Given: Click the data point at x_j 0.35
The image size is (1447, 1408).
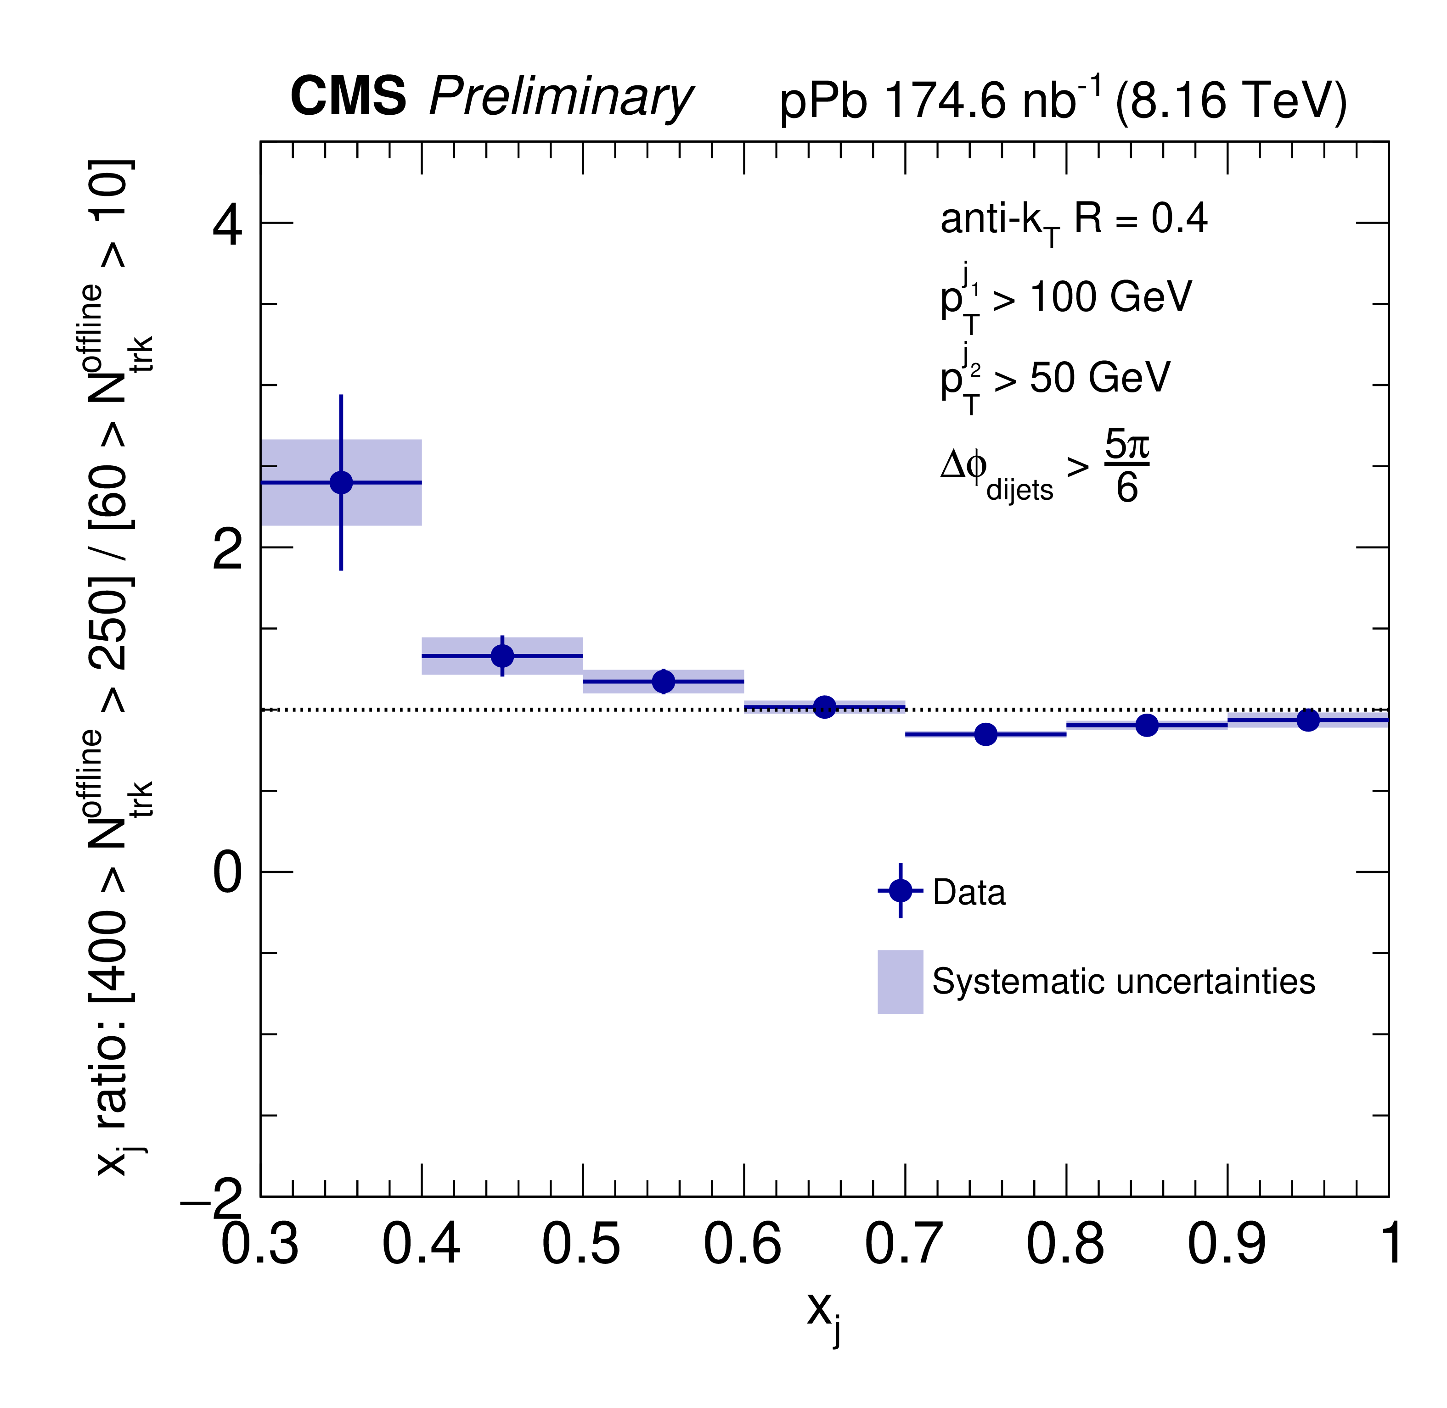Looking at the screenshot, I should coord(341,482).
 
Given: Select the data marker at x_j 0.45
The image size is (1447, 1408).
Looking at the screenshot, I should coord(502,655).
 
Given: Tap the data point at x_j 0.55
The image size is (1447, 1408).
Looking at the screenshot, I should coord(664,681).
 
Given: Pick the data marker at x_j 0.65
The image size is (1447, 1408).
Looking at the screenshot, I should coord(825,707).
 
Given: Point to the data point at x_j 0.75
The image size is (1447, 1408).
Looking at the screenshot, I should coord(985,734).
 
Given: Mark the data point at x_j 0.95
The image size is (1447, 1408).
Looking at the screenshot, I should coord(1308,720).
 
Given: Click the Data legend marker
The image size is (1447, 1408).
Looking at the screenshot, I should coord(901,890).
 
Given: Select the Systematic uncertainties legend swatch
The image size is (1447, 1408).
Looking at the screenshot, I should coord(901,981).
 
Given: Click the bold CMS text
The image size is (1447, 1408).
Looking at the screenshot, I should coord(348,96).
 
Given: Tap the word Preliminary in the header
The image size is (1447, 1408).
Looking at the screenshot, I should coord(561,98).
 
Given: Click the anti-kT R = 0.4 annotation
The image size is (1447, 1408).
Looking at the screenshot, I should coord(1073,220).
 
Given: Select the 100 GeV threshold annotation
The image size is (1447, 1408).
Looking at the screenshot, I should coord(1109,297).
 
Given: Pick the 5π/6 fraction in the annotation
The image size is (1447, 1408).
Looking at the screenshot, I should coord(1126,466).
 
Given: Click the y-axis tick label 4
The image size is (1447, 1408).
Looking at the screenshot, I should coord(227,225).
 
